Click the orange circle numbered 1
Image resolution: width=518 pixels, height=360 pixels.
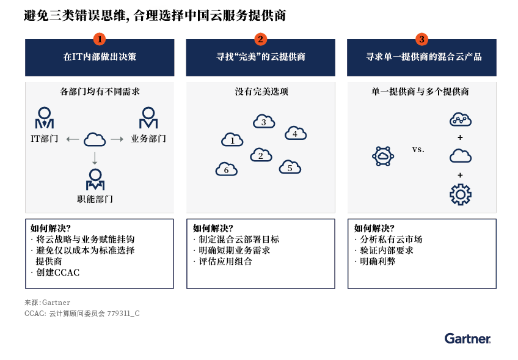click(x=100, y=39)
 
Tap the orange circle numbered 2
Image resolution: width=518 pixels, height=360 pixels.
click(x=260, y=39)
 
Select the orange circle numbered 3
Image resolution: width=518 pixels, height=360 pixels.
click(x=421, y=39)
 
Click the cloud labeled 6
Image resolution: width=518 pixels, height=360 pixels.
click(x=226, y=169)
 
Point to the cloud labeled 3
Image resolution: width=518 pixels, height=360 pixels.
click(x=264, y=121)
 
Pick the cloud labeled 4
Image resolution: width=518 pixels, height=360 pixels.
click(x=296, y=133)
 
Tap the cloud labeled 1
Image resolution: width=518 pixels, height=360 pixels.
click(x=232, y=139)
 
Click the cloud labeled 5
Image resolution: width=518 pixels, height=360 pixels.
click(x=290, y=167)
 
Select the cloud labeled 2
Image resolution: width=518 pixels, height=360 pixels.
click(x=261, y=155)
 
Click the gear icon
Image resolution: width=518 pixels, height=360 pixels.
click(x=460, y=194)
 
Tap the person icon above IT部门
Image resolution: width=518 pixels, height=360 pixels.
click(x=44, y=118)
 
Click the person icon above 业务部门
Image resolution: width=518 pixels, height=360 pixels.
click(x=148, y=118)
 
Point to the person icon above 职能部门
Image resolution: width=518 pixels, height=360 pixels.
click(x=95, y=180)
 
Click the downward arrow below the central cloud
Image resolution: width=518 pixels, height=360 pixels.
click(x=95, y=158)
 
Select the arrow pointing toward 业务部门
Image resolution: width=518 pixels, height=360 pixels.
click(x=117, y=139)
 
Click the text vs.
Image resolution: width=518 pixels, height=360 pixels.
click(x=418, y=149)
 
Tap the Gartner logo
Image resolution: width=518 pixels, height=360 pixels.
click(x=467, y=339)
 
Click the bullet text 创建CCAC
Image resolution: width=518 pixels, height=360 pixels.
click(x=58, y=273)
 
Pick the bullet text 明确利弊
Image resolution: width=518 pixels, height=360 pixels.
click(x=378, y=262)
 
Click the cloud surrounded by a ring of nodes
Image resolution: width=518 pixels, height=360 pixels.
click(x=383, y=156)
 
